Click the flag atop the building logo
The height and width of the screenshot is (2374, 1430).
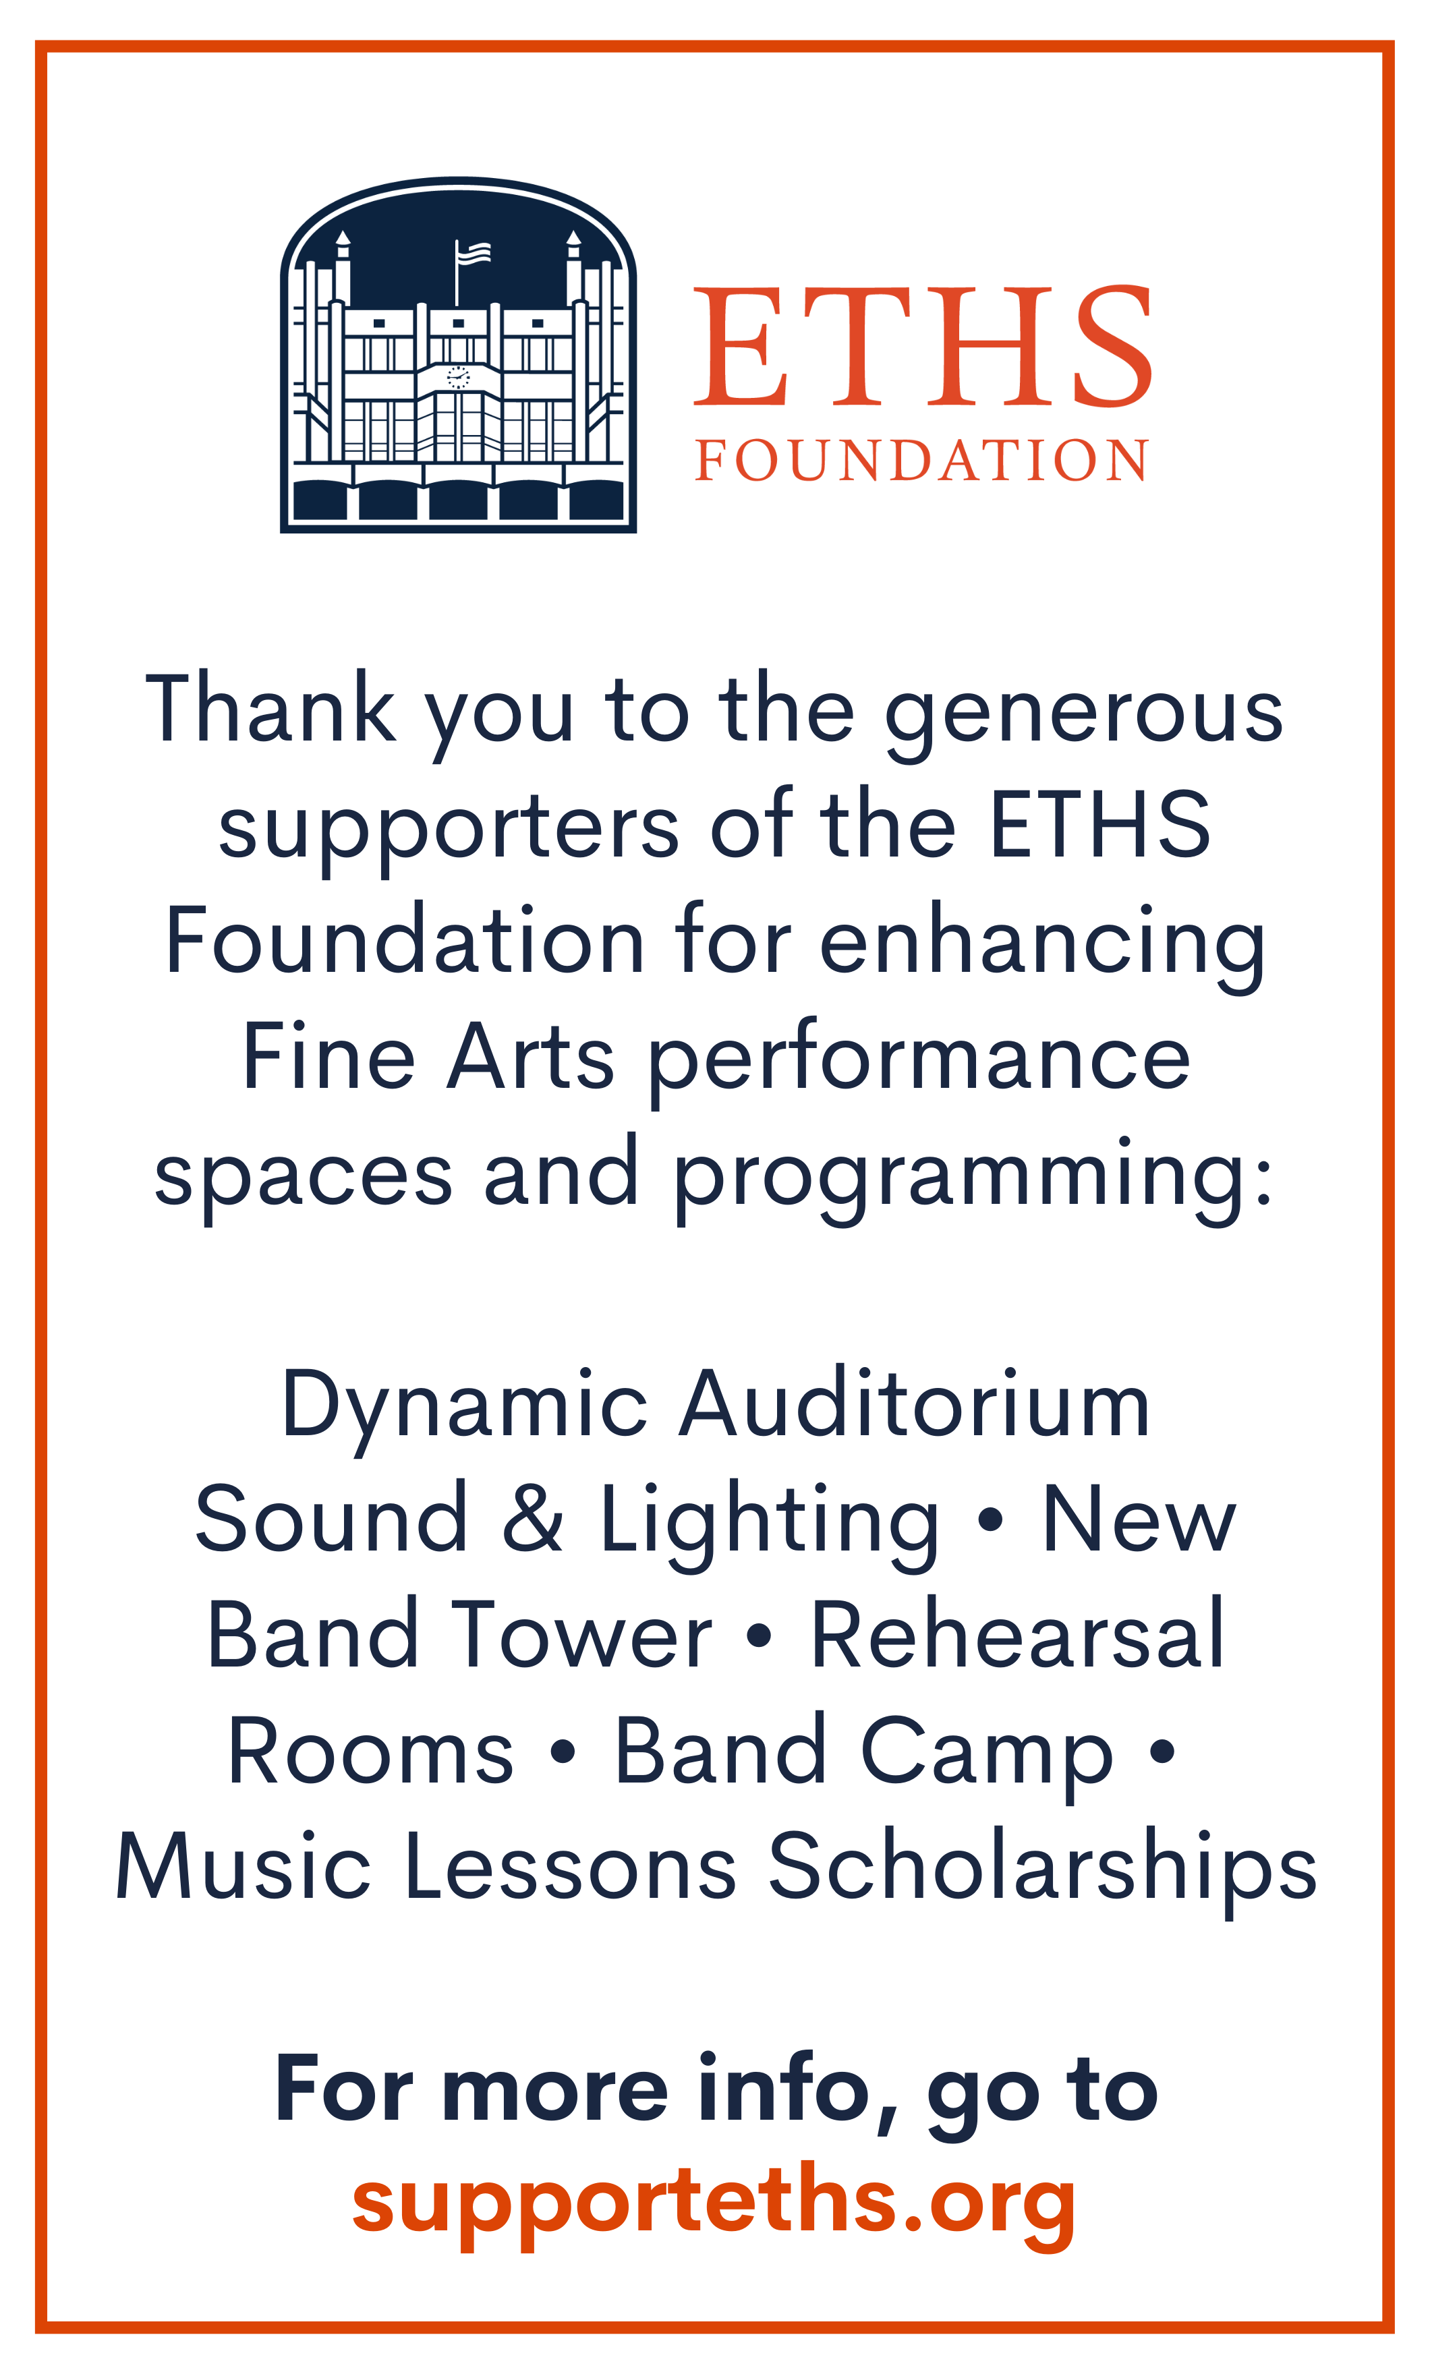coord(472,254)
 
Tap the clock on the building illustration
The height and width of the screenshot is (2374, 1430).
coord(459,378)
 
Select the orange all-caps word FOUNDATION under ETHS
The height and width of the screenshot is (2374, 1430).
coord(922,461)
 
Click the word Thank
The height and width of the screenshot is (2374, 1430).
coord(270,708)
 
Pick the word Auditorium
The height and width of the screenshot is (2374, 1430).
coord(915,1406)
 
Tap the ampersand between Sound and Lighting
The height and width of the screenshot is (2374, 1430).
coord(532,1520)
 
